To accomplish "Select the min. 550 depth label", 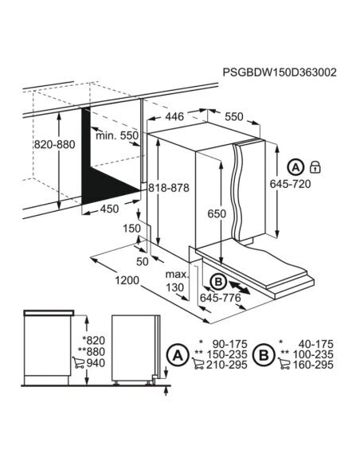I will click(116, 135).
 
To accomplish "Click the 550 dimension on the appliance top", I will click(233, 116).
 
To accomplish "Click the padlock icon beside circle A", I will click(316, 167).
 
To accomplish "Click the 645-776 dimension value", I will click(221, 297).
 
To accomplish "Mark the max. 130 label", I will click(176, 280).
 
